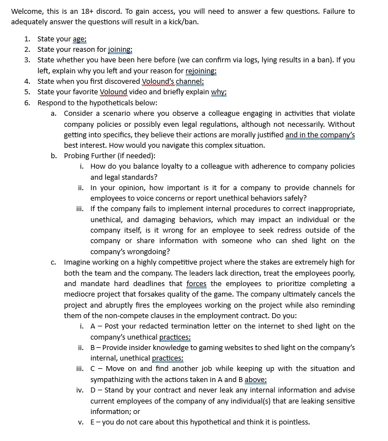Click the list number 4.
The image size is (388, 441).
click(27, 81)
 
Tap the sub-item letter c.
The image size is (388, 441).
click(53, 262)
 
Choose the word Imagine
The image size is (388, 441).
click(79, 262)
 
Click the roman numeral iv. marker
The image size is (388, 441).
click(80, 390)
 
